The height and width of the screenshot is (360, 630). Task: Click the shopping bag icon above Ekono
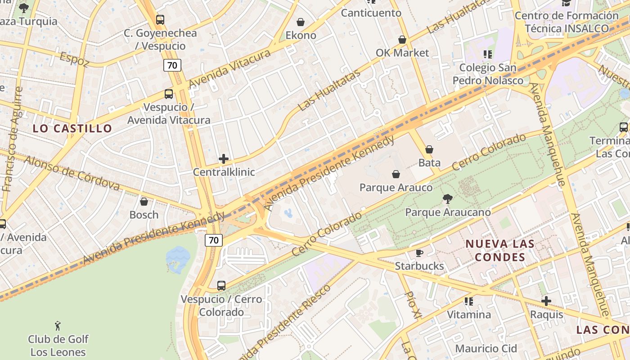pos(301,22)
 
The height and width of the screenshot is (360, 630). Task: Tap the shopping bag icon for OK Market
pos(402,40)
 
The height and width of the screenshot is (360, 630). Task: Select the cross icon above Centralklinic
pos(224,159)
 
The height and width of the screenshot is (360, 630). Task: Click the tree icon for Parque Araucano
pos(447,198)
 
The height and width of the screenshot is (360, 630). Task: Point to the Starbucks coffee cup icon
pos(419,253)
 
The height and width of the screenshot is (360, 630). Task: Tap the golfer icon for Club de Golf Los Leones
pos(58,325)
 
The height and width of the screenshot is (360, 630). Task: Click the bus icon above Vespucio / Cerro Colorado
pos(221,286)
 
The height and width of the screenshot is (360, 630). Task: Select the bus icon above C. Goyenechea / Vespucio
pos(160,20)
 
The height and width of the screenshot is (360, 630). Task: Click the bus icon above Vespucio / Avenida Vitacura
pos(169,94)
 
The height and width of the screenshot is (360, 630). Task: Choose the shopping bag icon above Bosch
pos(144,202)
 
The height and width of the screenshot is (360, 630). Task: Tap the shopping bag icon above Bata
pos(429,149)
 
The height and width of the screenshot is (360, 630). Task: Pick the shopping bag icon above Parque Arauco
pos(396,174)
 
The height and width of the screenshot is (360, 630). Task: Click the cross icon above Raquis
pos(546,301)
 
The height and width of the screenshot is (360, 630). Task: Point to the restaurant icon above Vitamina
pos(469,301)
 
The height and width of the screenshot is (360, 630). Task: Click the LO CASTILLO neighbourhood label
pos(72,129)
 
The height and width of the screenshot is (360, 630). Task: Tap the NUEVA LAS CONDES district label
pos(500,251)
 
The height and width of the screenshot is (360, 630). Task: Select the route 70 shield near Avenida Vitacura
pos(172,66)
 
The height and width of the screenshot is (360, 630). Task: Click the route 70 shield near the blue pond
pos(214,240)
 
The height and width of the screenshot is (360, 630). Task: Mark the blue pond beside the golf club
pos(178,259)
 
